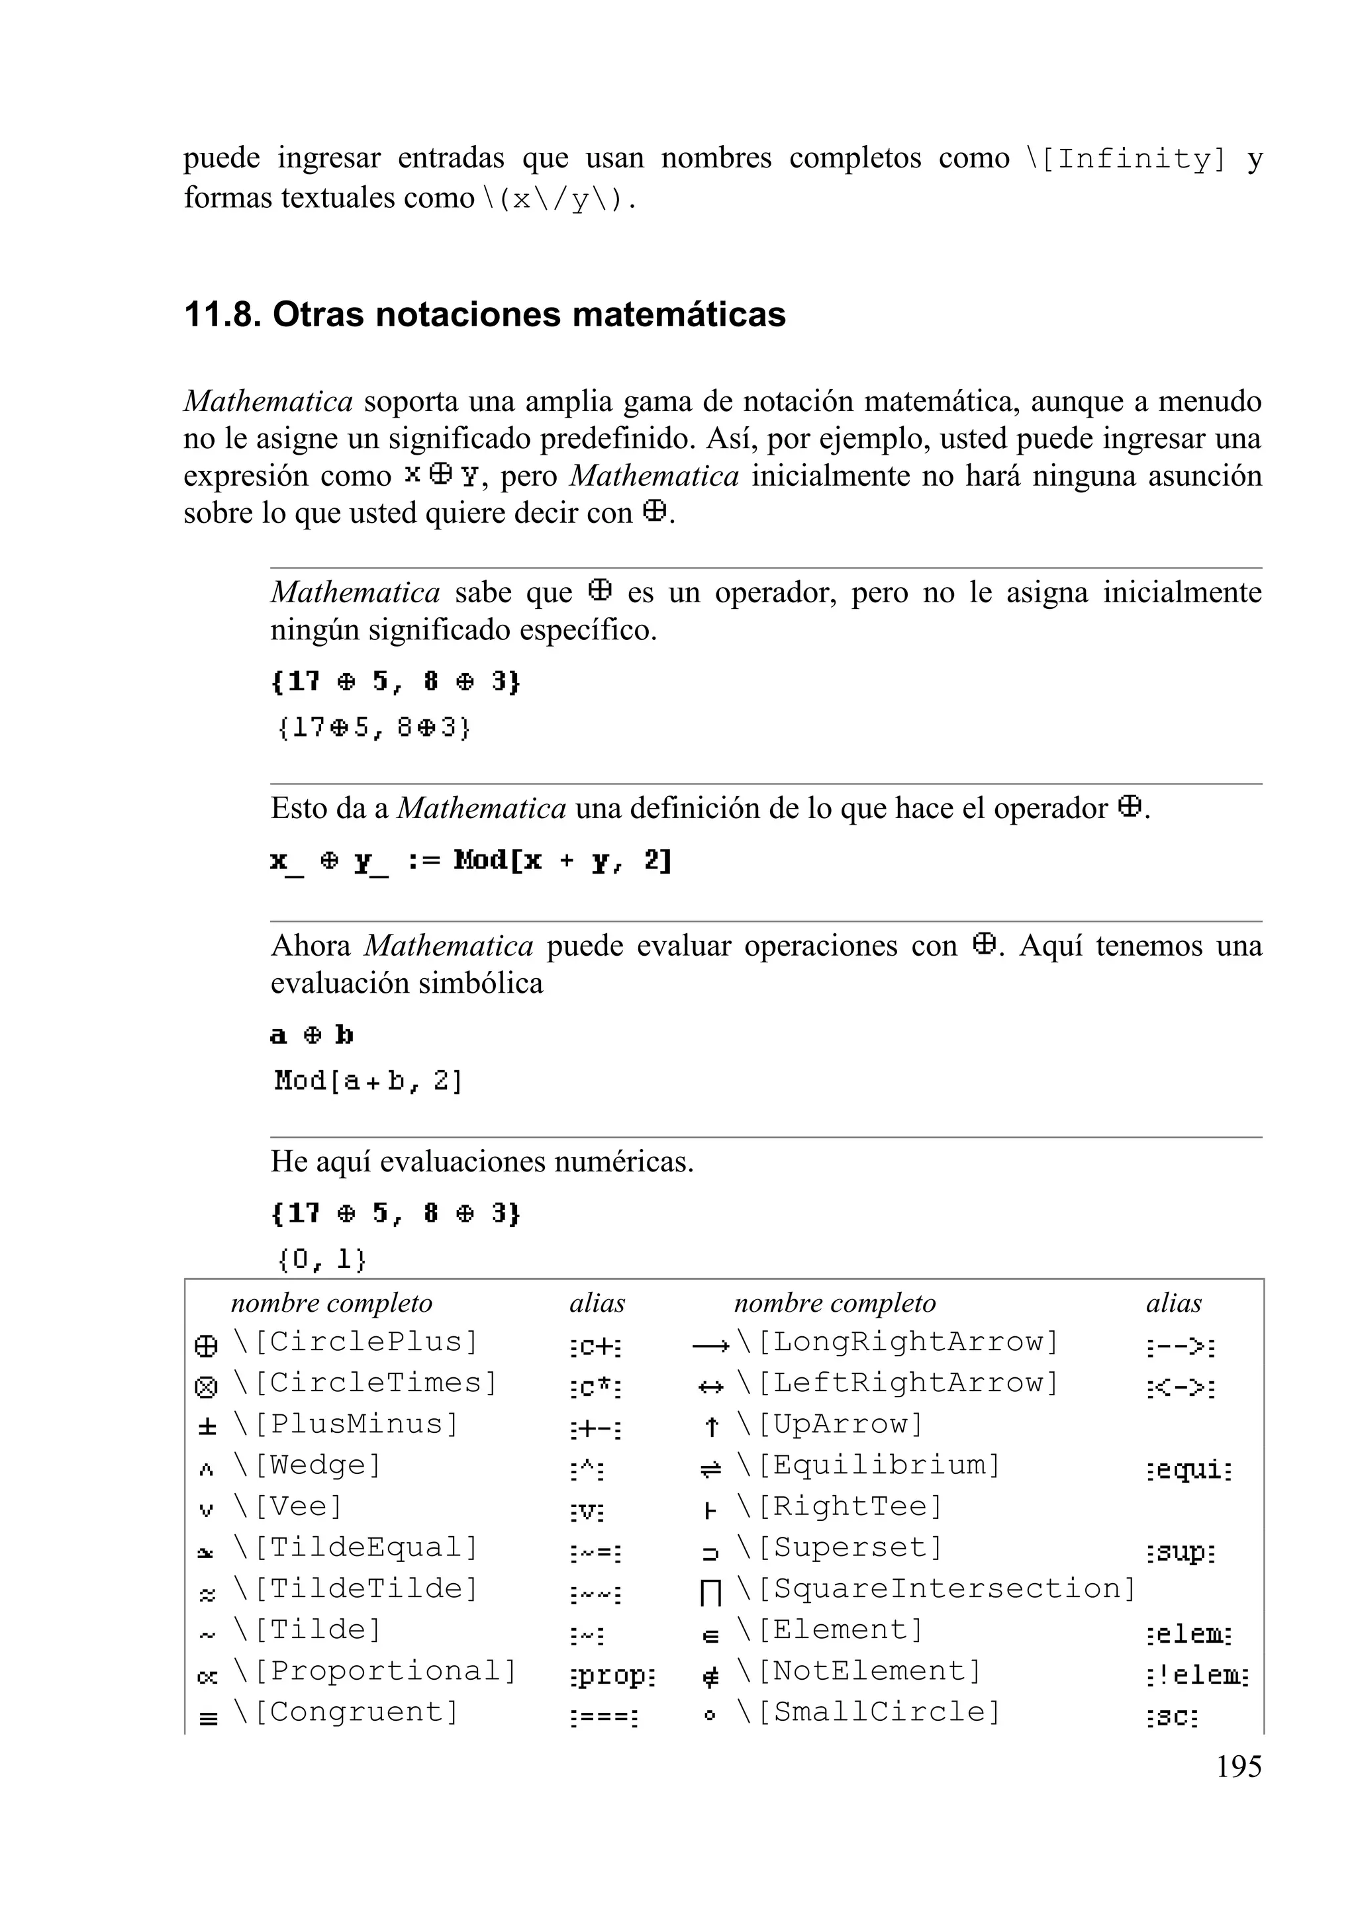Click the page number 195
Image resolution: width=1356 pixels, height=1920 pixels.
click(x=1238, y=1767)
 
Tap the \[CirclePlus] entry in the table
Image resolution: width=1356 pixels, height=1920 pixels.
click(x=356, y=1342)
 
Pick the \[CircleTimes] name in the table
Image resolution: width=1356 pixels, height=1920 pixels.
click(x=365, y=1383)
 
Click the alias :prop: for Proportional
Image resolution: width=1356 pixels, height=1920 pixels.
click(x=612, y=1675)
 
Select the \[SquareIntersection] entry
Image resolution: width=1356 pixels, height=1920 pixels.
click(x=936, y=1588)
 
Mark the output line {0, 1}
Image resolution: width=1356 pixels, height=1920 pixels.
click(x=321, y=1259)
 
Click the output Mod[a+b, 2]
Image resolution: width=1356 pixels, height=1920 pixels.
click(x=368, y=1081)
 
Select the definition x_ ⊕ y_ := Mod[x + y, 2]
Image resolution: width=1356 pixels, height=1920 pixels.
click(x=471, y=860)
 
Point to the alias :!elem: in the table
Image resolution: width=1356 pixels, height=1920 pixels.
click(x=1197, y=1675)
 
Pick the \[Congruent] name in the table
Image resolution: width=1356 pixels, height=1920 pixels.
click(x=346, y=1712)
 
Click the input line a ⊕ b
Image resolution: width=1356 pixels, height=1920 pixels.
click(x=312, y=1035)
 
